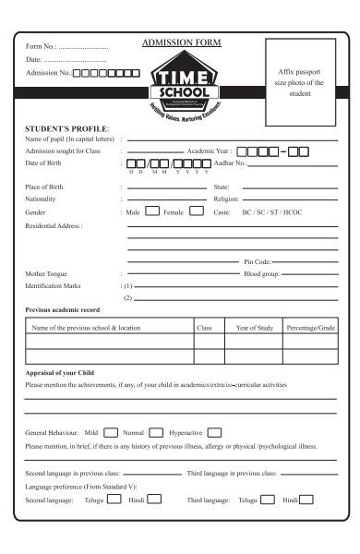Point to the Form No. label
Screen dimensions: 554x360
coord(42,45)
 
